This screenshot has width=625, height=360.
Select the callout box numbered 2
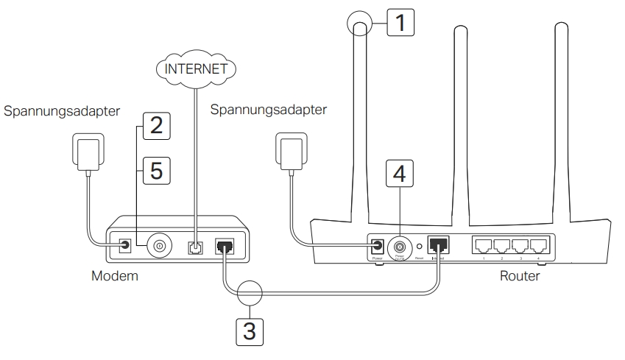[x=152, y=124]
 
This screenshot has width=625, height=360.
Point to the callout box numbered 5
[x=152, y=171]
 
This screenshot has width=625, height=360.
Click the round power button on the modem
[x=158, y=245]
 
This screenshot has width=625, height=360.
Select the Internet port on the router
[x=439, y=246]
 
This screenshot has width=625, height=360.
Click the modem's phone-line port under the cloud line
[x=195, y=246]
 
